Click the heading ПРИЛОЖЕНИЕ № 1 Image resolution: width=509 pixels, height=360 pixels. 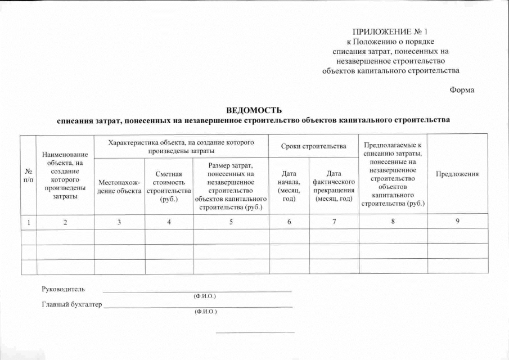tap(394, 31)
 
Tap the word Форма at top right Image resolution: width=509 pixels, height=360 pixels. tap(462, 91)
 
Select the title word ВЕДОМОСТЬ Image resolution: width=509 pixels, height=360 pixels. tap(253, 110)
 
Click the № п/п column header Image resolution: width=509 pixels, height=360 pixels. tap(28, 174)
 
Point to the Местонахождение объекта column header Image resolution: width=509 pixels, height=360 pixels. tap(119, 186)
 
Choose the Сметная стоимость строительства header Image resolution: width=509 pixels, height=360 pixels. tap(169, 186)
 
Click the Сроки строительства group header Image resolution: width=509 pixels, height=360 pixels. tap(313, 146)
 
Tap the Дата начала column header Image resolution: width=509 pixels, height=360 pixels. tap(289, 186)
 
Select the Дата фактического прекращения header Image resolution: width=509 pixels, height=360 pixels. tap(334, 186)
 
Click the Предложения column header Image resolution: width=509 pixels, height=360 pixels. tap(457, 174)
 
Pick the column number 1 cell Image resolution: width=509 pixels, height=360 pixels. tap(28, 222)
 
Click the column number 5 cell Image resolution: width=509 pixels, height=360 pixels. tap(231, 222)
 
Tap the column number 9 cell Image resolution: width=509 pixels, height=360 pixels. tap(457, 221)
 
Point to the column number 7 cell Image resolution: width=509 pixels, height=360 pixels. tap(334, 222)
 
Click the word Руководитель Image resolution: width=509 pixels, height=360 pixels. tap(64, 289)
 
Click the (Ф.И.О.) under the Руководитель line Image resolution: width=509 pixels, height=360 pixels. tap(205, 296)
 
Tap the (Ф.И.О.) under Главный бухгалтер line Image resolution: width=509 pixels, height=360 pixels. tap(205, 311)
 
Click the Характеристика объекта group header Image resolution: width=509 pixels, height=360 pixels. tap(181, 146)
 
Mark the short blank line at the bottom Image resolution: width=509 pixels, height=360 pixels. tap(255, 332)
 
